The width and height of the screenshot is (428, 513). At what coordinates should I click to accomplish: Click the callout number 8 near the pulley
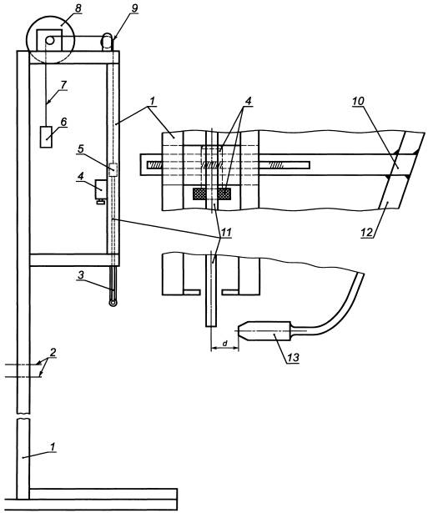click(78, 8)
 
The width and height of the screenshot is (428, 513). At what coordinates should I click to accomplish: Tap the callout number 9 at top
click(134, 9)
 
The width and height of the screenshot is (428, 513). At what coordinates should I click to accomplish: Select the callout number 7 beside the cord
click(63, 85)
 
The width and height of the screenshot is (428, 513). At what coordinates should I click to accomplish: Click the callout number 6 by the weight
click(63, 122)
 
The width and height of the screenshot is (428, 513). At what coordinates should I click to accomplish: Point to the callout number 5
click(81, 148)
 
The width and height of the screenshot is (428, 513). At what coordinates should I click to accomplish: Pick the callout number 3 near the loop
click(81, 275)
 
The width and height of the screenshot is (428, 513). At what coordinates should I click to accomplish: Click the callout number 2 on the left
click(53, 352)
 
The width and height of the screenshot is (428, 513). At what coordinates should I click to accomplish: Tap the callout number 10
click(358, 101)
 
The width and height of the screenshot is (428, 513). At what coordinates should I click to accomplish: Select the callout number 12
click(367, 232)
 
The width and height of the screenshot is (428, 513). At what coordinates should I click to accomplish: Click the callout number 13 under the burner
click(294, 358)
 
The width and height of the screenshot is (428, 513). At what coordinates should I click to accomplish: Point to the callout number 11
click(226, 232)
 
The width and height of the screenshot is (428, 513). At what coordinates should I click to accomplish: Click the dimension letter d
click(225, 344)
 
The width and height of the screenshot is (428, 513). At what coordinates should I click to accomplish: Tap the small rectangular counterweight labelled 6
click(46, 137)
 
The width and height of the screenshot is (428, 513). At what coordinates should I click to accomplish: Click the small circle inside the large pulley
click(50, 40)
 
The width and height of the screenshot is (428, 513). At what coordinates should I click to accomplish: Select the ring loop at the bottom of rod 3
click(113, 303)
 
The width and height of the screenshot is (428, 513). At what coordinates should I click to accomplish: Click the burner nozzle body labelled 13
click(264, 331)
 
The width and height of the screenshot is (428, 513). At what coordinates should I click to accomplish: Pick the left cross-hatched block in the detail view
click(199, 194)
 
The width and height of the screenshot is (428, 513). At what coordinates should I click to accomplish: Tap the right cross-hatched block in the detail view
click(224, 194)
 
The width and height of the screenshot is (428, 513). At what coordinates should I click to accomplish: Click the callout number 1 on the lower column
click(53, 446)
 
